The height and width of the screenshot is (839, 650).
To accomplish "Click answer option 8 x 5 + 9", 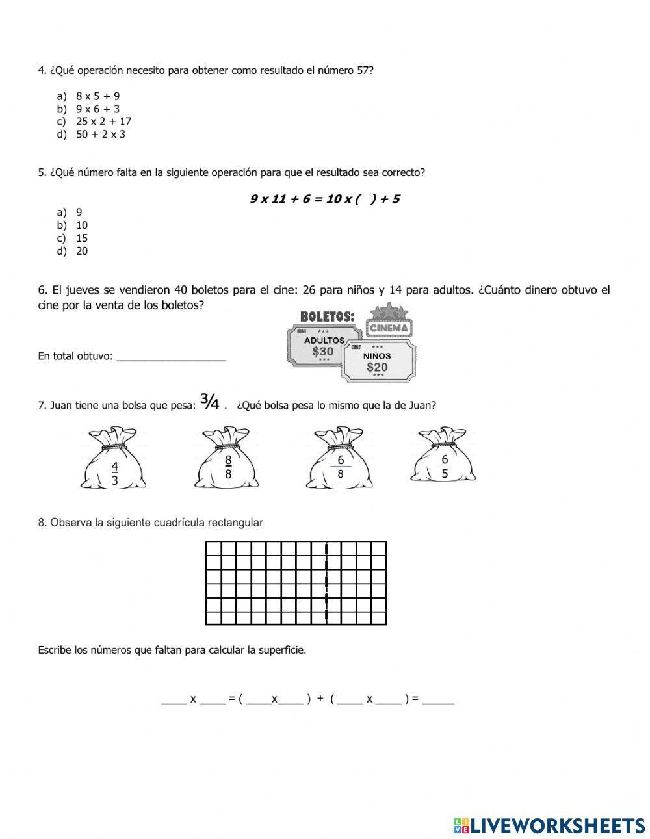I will (x=97, y=96).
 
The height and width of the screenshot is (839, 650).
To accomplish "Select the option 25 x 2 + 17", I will (x=103, y=122).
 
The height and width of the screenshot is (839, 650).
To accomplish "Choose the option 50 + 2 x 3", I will (x=100, y=135).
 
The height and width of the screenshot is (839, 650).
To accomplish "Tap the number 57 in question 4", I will (x=365, y=70).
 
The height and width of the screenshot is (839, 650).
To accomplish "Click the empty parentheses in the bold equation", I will (x=365, y=200).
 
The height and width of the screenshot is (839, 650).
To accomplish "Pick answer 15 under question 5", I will (x=82, y=238).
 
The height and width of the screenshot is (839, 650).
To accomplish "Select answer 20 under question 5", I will (x=82, y=251).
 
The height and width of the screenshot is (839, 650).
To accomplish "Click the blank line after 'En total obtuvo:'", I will (x=171, y=356).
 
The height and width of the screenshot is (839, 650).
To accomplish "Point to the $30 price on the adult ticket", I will (x=322, y=352).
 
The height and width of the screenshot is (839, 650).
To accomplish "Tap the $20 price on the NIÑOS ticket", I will (x=377, y=367).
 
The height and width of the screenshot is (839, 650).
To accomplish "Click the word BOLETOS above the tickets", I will (x=327, y=316).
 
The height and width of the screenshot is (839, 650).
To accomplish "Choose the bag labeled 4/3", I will (x=114, y=460).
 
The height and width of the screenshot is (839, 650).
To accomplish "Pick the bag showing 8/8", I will (x=227, y=460).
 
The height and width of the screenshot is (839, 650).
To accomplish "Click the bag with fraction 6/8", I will (x=341, y=460).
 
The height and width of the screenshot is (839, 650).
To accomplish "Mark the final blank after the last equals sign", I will (x=438, y=700).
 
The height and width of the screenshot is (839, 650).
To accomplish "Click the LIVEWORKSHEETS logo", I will (x=549, y=825).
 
